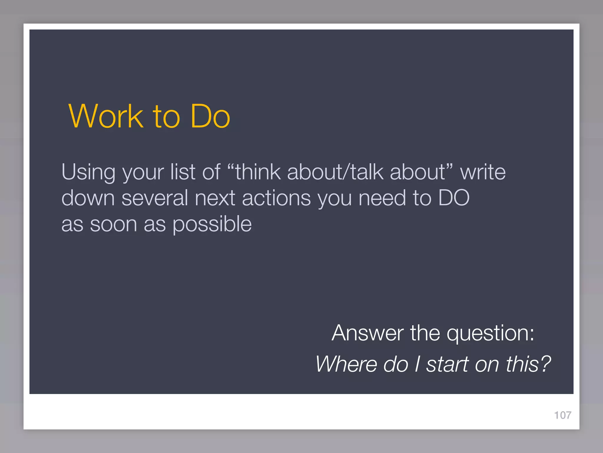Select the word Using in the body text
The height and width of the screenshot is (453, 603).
pos(88,172)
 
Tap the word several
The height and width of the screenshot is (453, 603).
pos(155,198)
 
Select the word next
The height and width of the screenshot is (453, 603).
pos(215,198)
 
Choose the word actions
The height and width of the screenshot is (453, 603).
pos(276,198)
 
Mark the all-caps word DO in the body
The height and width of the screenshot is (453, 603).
pos(454,198)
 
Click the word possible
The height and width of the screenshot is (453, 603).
pos(212,225)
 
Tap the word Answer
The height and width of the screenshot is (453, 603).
pos(367,333)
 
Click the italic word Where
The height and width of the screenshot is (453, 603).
pos(346,364)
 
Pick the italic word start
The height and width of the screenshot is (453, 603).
pos(448,364)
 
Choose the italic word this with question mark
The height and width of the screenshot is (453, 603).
pos(528,364)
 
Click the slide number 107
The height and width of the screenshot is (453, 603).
pos(563,415)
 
